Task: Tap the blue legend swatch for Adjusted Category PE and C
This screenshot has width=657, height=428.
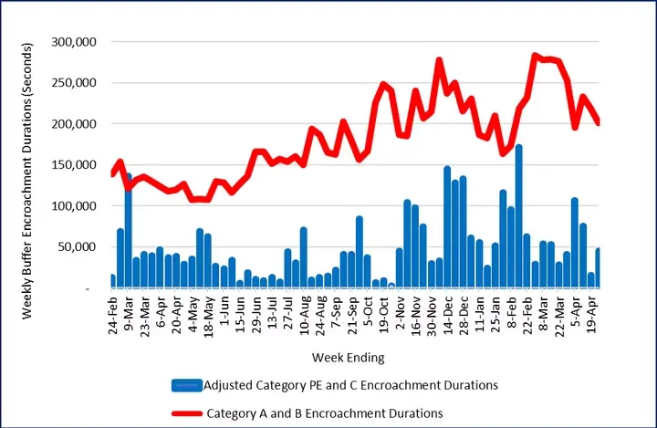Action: point(186,385)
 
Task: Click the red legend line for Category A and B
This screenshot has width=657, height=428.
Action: point(186,413)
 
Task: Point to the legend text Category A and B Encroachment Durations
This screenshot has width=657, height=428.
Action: point(325,413)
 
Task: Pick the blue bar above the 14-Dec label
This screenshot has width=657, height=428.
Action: point(447,228)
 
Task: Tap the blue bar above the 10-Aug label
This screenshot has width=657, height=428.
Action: point(303,258)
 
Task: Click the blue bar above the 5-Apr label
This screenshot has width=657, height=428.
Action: point(575,243)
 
